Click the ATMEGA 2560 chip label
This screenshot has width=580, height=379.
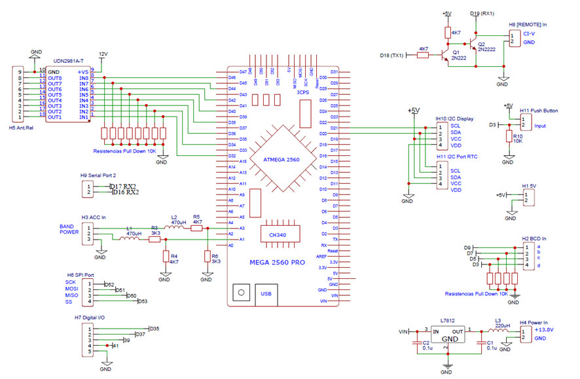[282, 160]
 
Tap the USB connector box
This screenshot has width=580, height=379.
[266, 293]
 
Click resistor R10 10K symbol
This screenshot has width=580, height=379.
[509, 135]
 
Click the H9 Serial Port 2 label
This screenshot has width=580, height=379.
[99, 175]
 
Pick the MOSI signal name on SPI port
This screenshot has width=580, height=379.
[71, 289]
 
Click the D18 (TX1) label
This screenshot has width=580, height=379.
[393, 56]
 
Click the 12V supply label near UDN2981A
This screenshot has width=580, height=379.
[103, 54]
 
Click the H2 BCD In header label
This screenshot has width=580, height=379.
[534, 240]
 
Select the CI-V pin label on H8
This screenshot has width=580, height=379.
[530, 33]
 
